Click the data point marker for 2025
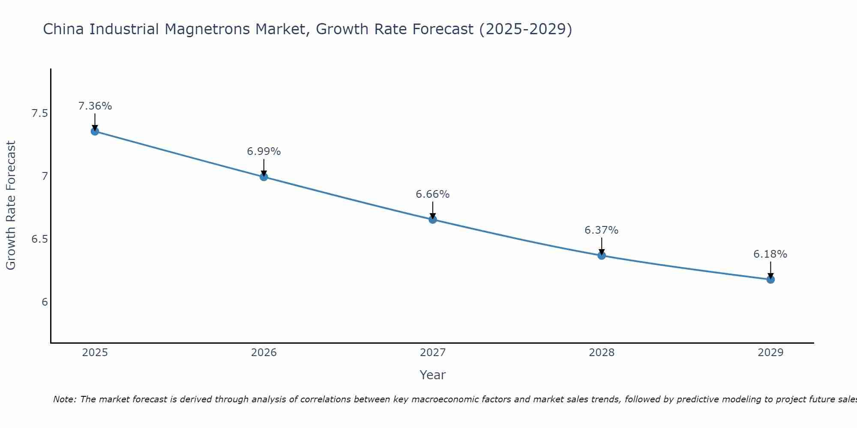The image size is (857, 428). (95, 131)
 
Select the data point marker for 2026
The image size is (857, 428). (264, 177)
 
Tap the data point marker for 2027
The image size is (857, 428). (432, 220)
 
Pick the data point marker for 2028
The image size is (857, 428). (602, 256)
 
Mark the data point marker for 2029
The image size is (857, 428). (770, 279)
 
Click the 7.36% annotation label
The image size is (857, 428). (95, 106)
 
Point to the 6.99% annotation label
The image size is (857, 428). (264, 152)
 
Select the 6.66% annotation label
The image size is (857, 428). (432, 194)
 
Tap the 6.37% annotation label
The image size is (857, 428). (602, 230)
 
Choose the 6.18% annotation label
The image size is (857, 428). (770, 254)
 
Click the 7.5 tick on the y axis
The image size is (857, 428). (39, 113)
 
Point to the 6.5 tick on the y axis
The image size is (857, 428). (39, 239)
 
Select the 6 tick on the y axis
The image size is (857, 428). (45, 302)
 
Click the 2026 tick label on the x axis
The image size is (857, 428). (264, 353)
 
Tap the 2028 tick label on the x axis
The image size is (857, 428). (602, 353)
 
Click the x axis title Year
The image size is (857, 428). (432, 375)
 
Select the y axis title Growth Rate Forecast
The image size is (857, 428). (11, 205)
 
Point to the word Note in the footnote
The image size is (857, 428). (64, 399)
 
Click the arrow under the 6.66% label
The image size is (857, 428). (432, 210)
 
